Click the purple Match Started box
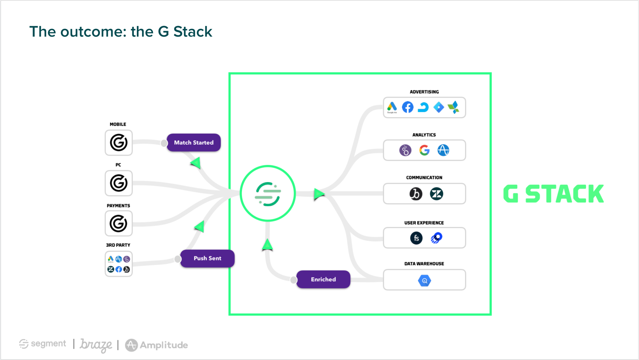[x=194, y=143]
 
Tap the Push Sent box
[x=207, y=258]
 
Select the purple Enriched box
[x=323, y=279]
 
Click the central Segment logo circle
[x=268, y=193]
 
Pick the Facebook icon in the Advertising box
[x=408, y=107]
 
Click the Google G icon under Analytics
[x=424, y=150]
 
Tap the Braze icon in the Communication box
[x=416, y=194]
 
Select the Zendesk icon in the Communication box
[x=437, y=194]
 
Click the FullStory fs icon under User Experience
[x=416, y=238]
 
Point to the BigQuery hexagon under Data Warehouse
[x=424, y=281]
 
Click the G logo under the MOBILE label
[x=119, y=143]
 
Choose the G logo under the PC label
[x=119, y=183]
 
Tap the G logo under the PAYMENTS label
[x=119, y=223]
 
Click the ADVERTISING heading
[x=424, y=92]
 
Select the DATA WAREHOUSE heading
[x=424, y=264]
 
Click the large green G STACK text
[x=553, y=194]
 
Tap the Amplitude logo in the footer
[x=157, y=345]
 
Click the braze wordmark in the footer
[x=96, y=344]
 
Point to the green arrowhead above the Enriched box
[x=267, y=245]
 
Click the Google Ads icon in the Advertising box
[x=392, y=107]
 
